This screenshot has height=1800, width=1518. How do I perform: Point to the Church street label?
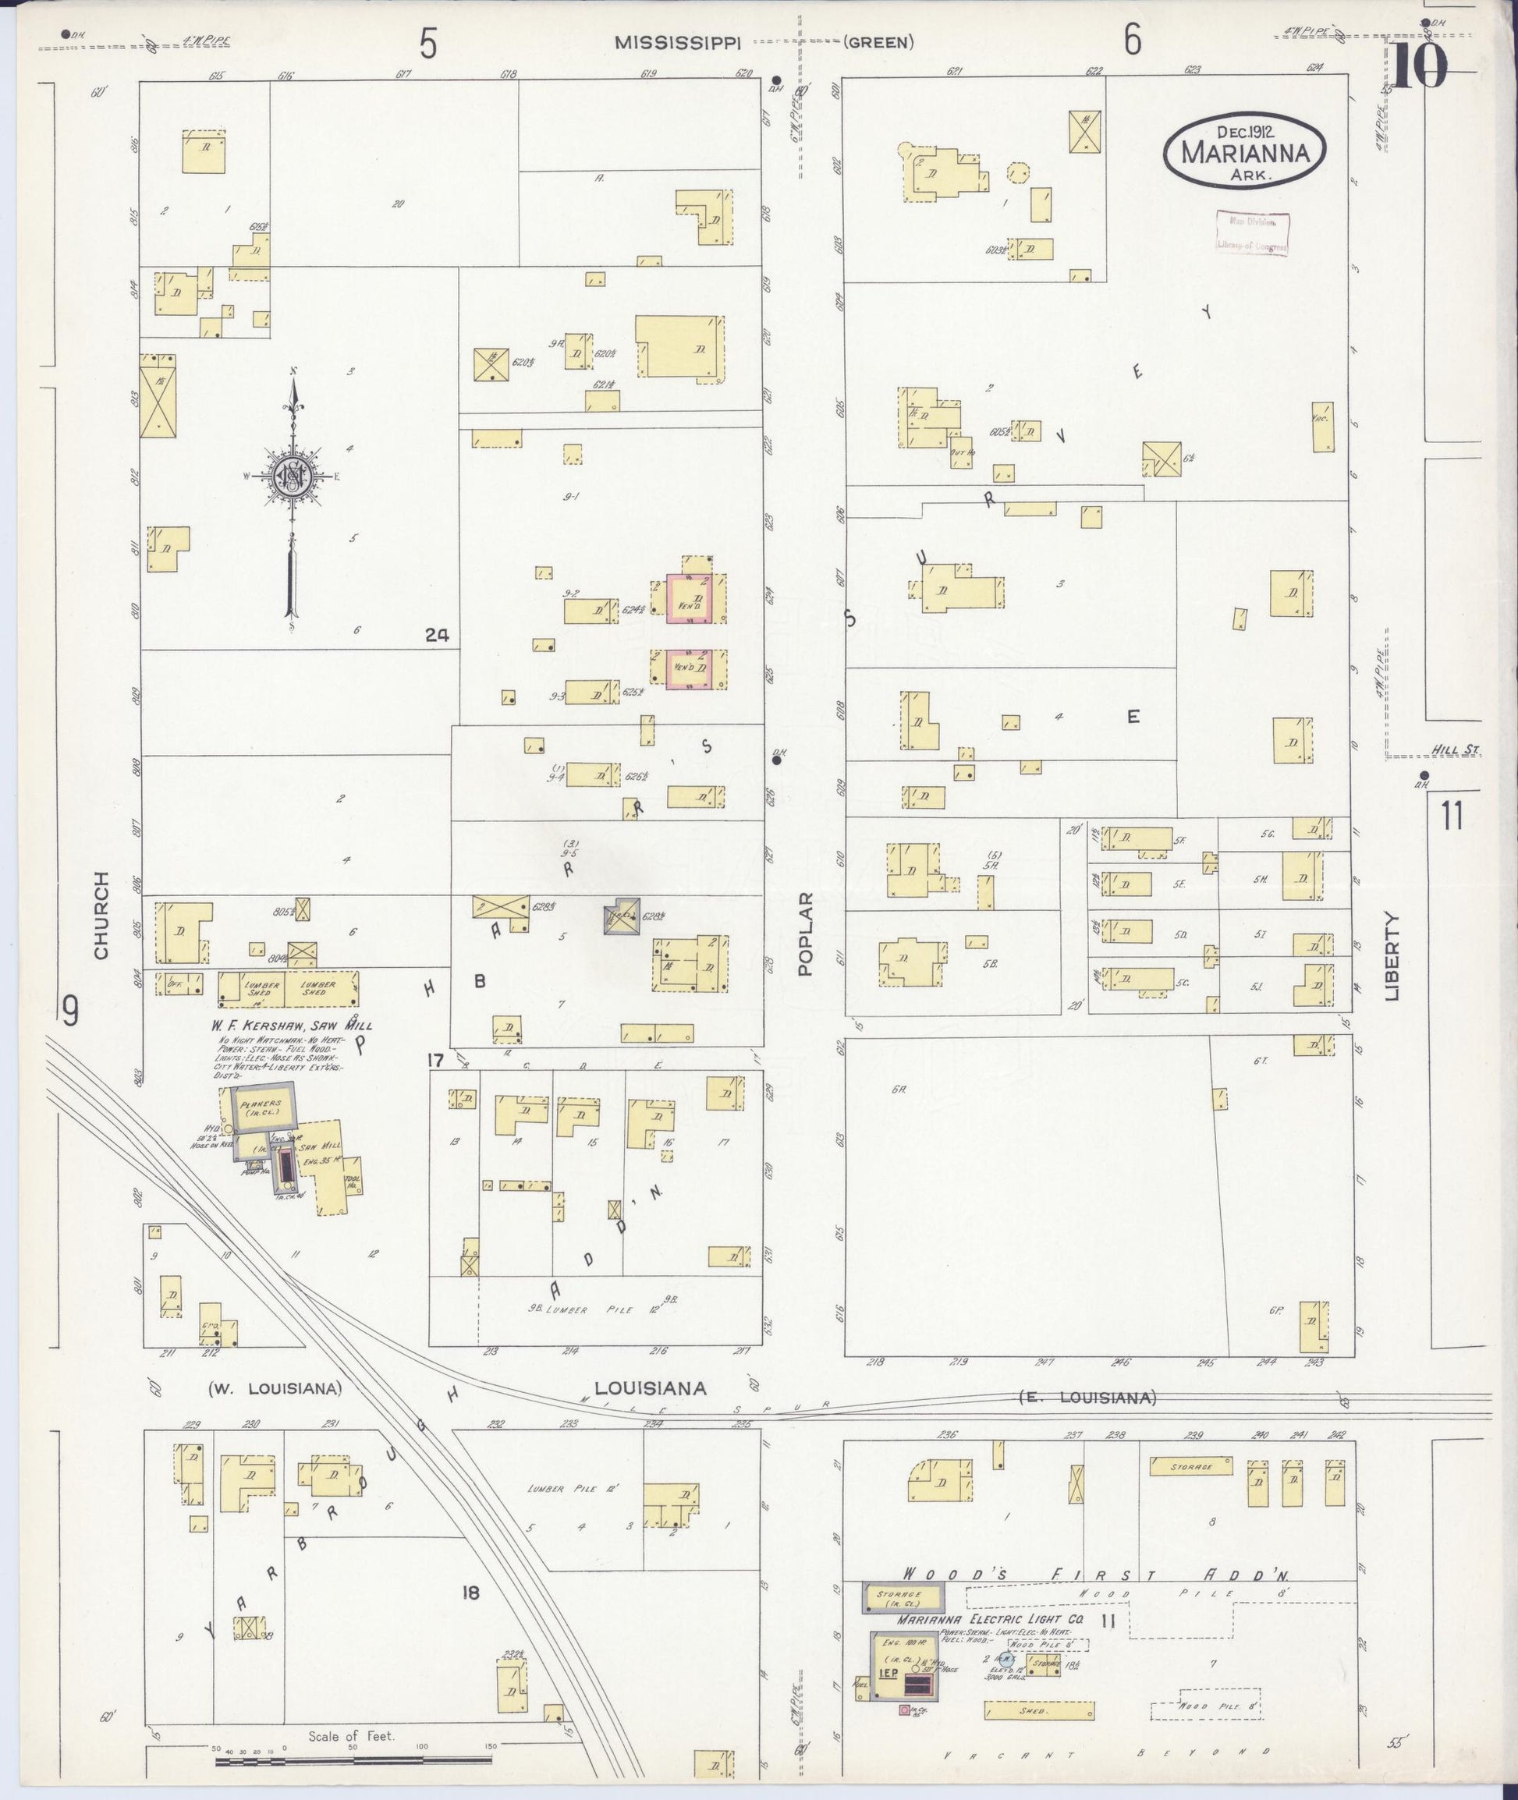pos(101,916)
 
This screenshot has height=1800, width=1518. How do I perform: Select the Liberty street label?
pos(1392,956)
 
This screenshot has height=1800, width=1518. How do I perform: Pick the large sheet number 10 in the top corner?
pos(1420,67)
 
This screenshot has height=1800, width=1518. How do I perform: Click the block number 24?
pos(436,635)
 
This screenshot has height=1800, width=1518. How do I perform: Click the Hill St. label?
pos(1458,751)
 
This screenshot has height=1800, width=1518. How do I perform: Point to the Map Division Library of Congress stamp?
pos(1252,233)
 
